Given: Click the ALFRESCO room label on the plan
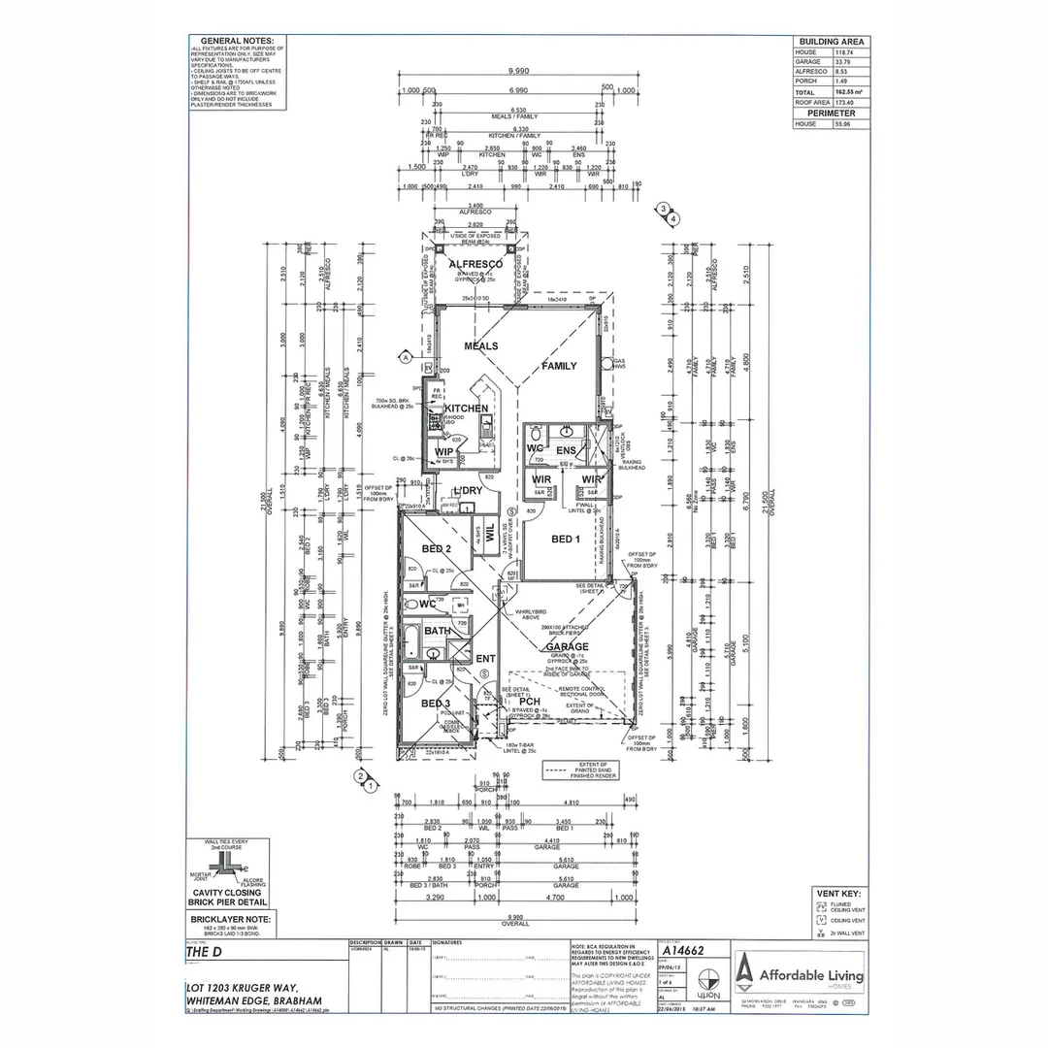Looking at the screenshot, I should pos(475,264).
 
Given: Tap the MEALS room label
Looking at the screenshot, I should pos(481,346).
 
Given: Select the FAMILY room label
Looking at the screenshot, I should pos(559,366).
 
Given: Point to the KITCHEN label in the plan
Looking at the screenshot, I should pos(467,409).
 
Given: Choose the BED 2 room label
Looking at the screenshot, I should pos(436,549).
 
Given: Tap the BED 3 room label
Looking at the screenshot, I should pos(435,704).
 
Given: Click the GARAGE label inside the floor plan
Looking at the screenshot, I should pos(568,646).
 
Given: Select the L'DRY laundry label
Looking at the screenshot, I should pos(468,491).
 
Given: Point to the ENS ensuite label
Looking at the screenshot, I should pos(566,450).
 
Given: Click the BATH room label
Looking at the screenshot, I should pos(437,631).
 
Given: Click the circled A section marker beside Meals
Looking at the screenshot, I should pos(405,357).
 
